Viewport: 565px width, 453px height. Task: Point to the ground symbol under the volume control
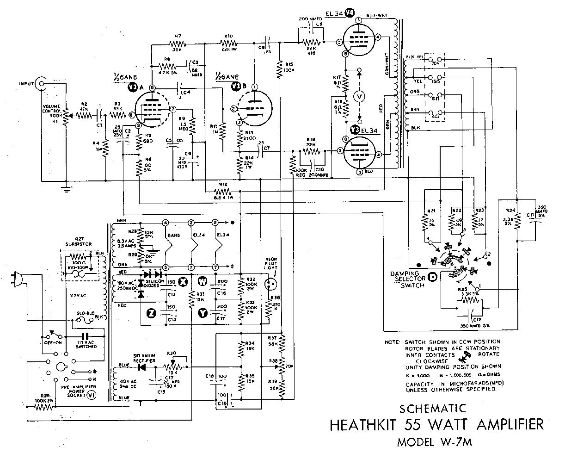pos(67,188)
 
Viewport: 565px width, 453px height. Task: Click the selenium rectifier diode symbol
pos(141,366)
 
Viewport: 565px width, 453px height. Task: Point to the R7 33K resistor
pos(177,44)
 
